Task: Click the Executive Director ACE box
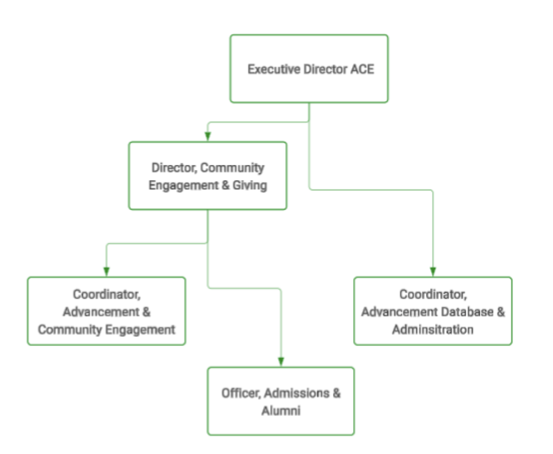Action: coord(309,69)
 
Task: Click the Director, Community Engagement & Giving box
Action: coord(207,176)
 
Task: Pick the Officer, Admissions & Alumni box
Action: coord(280,401)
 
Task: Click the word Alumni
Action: coord(280,411)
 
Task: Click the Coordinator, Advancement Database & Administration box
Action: coord(433,311)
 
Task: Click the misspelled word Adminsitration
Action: coord(433,329)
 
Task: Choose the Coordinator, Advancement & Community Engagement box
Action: coord(106,311)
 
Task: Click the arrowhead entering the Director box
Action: coord(208,136)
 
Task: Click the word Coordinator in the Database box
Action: coord(433,294)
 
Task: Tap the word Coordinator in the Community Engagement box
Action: coord(106,294)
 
